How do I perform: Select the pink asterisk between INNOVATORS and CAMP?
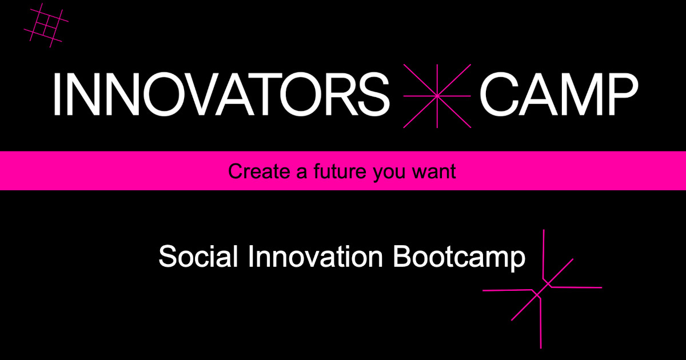[x=437, y=95]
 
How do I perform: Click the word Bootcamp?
[x=459, y=257]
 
